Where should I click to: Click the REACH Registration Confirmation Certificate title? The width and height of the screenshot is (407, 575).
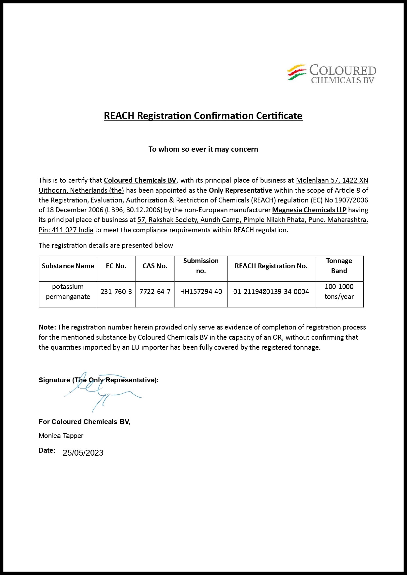[203, 116]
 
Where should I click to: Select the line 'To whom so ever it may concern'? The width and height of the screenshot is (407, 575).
[203, 149]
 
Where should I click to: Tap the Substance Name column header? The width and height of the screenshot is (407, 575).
[68, 266]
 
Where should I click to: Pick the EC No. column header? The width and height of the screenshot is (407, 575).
[116, 266]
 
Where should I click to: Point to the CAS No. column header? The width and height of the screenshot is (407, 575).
[155, 266]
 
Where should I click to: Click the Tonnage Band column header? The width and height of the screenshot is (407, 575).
[339, 266]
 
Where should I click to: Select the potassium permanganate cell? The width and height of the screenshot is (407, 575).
[68, 291]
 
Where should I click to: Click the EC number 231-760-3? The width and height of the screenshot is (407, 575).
[116, 291]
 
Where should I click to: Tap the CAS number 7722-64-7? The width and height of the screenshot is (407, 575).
[155, 291]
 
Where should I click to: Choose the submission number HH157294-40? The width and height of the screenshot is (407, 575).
[201, 291]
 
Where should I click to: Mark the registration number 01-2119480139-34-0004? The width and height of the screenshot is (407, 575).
[271, 291]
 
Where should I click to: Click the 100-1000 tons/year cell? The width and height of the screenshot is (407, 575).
[339, 291]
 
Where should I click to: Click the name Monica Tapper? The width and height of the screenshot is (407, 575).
[61, 436]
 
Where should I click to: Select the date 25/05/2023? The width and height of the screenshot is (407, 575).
[83, 453]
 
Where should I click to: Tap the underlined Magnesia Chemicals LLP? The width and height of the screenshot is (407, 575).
[309, 210]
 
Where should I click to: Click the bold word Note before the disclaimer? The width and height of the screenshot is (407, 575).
[47, 327]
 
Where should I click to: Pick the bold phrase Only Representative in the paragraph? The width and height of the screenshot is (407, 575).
[240, 190]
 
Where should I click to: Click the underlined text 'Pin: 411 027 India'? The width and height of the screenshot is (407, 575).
[66, 230]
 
